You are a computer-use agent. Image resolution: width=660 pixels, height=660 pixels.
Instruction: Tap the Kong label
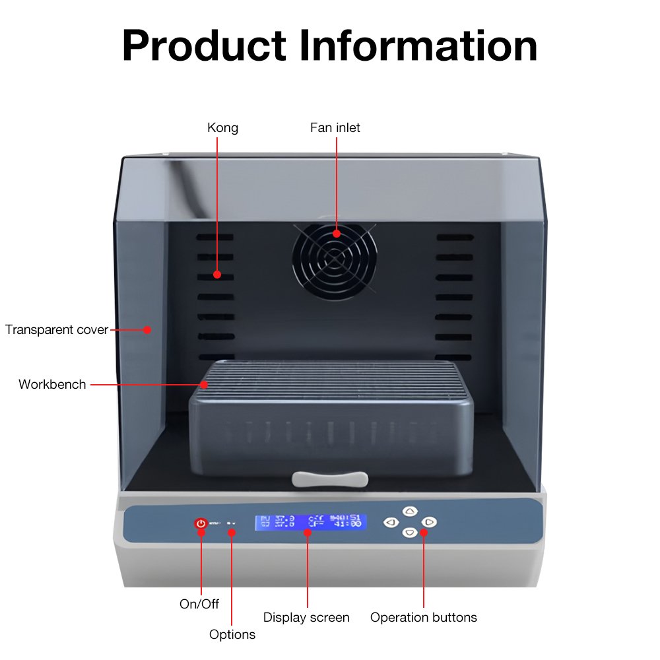click(223, 127)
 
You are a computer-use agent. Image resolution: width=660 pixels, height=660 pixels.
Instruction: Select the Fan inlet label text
click(335, 127)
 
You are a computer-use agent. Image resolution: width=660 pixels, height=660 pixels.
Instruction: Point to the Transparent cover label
click(57, 329)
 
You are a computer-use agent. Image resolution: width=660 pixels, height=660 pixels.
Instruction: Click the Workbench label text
click(52, 384)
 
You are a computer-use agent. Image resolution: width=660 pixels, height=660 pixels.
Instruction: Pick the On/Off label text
click(199, 603)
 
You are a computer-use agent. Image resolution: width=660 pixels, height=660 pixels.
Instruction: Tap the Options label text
click(232, 634)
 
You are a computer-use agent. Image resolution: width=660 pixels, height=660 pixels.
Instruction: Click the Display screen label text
click(306, 617)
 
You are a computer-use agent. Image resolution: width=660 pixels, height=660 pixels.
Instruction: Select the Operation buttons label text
click(424, 617)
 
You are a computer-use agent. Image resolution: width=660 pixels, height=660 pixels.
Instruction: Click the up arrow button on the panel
click(410, 511)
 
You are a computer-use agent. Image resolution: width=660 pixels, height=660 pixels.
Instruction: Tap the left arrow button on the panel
click(391, 523)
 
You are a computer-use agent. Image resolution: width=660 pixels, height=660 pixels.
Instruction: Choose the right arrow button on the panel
click(430, 523)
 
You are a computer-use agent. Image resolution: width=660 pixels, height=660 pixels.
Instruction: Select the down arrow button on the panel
click(410, 532)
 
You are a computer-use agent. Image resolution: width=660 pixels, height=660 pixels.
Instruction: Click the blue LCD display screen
click(310, 521)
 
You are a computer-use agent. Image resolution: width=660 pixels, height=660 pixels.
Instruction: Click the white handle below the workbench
click(330, 478)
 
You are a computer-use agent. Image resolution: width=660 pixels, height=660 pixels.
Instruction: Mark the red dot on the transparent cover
click(148, 329)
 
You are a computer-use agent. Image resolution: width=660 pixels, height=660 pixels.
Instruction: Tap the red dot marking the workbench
click(204, 384)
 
